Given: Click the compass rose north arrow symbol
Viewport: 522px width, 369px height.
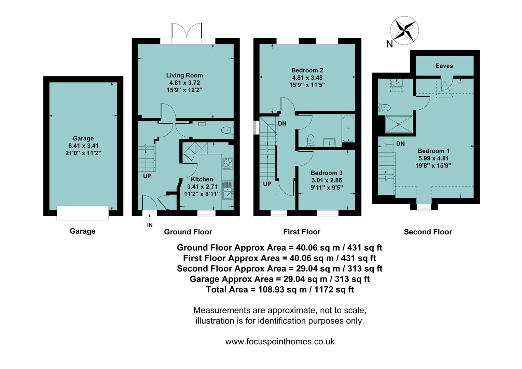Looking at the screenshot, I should pyautogui.click(x=405, y=30).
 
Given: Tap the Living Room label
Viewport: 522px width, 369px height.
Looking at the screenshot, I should pyautogui.click(x=184, y=76).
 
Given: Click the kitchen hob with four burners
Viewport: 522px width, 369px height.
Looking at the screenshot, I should pyautogui.click(x=228, y=163).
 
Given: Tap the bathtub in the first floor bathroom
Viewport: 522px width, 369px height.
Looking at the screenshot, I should pyautogui.click(x=348, y=128).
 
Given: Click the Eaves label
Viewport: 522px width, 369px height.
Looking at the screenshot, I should pyautogui.click(x=444, y=66).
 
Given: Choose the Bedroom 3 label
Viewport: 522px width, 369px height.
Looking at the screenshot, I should pyautogui.click(x=327, y=173).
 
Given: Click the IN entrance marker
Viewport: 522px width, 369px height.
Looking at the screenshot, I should pyautogui.click(x=150, y=225).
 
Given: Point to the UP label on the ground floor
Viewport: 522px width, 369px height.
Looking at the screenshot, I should pyautogui.click(x=147, y=176).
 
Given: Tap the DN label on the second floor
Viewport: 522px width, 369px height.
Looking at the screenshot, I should pyautogui.click(x=400, y=144).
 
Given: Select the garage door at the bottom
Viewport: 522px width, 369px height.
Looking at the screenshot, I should pyautogui.click(x=83, y=213).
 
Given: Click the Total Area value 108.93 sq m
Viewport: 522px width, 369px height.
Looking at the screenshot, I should pyautogui.click(x=279, y=290).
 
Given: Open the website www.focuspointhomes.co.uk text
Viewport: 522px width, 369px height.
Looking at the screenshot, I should pyautogui.click(x=280, y=342).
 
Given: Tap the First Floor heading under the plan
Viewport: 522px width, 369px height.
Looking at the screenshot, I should pyautogui.click(x=302, y=232).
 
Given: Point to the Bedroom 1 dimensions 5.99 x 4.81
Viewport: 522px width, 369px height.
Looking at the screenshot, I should pyautogui.click(x=434, y=158).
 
